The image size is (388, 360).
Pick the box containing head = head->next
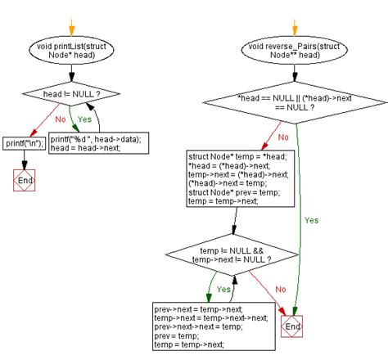click(x=95, y=144)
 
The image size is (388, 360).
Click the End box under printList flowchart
click(x=23, y=179)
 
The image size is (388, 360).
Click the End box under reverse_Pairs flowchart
click(x=291, y=326)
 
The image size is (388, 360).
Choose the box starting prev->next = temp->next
click(x=211, y=325)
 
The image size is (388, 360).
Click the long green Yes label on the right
click(x=311, y=220)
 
